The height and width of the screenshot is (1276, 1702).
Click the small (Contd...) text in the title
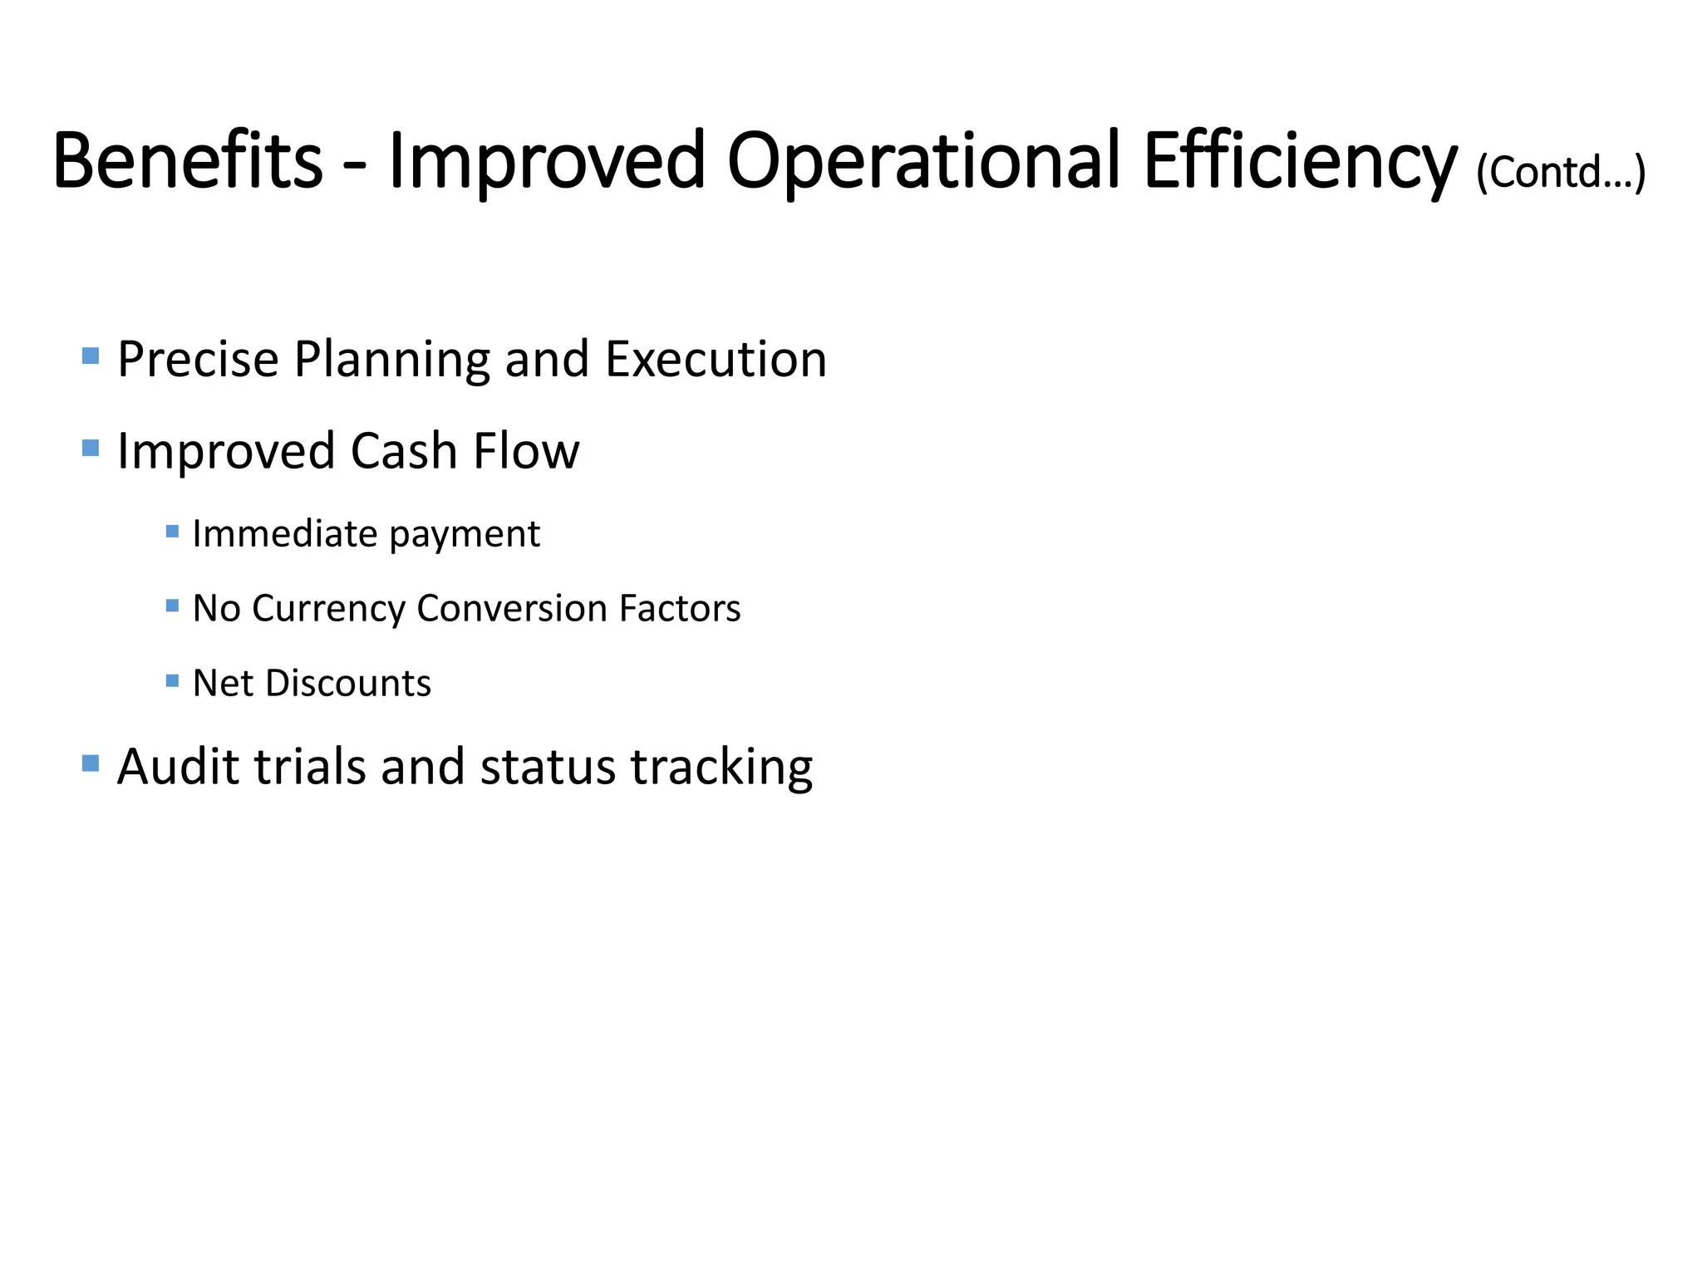[1561, 173]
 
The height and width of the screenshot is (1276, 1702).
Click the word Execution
[716, 359]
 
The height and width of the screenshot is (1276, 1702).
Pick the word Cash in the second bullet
[404, 451]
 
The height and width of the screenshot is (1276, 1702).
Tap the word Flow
[526, 451]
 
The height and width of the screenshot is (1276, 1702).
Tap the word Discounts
[348, 683]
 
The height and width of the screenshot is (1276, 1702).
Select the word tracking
[721, 768]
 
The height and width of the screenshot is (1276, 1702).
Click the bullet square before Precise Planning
[91, 356]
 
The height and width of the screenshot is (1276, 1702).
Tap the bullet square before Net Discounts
[173, 681]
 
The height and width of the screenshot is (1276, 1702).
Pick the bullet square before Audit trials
[91, 763]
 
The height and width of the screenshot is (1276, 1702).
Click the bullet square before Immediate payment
[173, 532]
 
